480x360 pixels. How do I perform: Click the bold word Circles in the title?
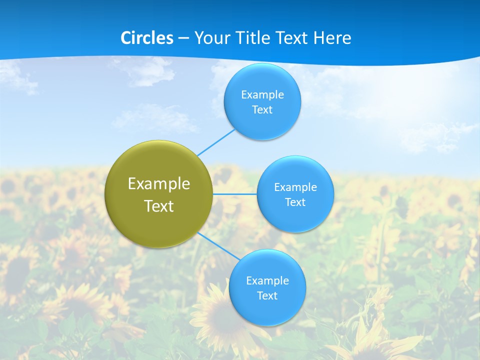point(146,37)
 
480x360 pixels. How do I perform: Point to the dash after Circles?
point(183,38)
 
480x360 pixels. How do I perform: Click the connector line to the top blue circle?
point(216,142)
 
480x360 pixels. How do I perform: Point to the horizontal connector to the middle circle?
point(235,194)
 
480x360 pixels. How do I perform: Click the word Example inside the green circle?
point(159,183)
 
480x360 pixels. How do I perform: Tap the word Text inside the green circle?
point(159,206)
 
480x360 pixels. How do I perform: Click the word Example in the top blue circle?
point(262,94)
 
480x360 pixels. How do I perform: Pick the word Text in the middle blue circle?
point(295,202)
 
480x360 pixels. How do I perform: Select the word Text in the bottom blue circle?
point(267,295)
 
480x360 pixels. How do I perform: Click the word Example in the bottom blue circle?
point(267,280)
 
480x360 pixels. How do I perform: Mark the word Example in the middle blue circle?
point(295,187)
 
